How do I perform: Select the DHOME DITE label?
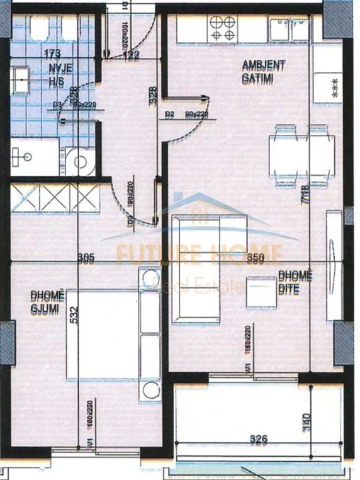[x=295, y=283]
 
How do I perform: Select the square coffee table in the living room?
[x=261, y=293]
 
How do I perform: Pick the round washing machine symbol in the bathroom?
[x=81, y=163]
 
